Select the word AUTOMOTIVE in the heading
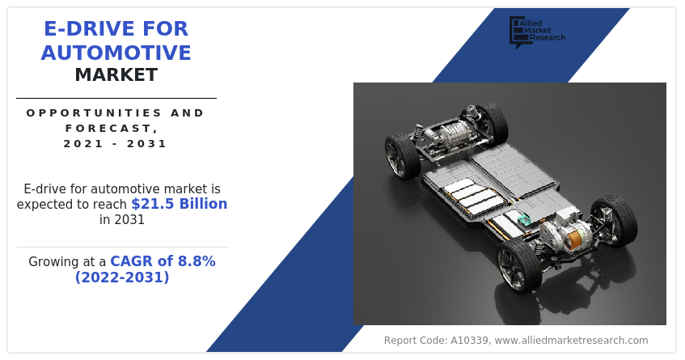click(116, 53)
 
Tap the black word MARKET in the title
click(116, 74)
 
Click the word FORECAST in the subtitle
click(109, 128)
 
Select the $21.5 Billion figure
click(180, 204)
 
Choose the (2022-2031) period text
click(122, 277)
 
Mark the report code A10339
click(469, 341)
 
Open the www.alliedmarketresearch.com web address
click(572, 341)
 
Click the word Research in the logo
click(548, 37)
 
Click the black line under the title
click(116, 99)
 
